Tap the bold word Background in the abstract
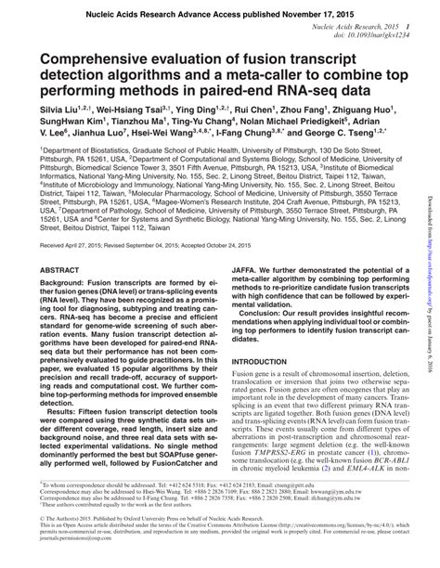point(67,282)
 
